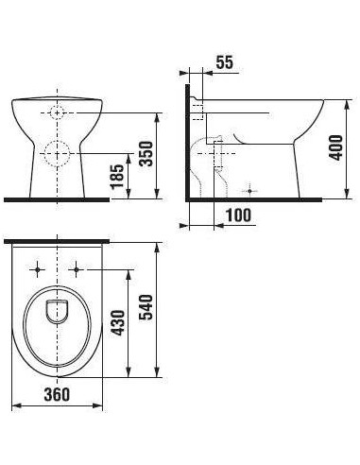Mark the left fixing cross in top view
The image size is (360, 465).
pos(37,267)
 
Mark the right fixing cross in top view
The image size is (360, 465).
pos(77,267)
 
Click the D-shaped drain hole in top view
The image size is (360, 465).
pos(57,310)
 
